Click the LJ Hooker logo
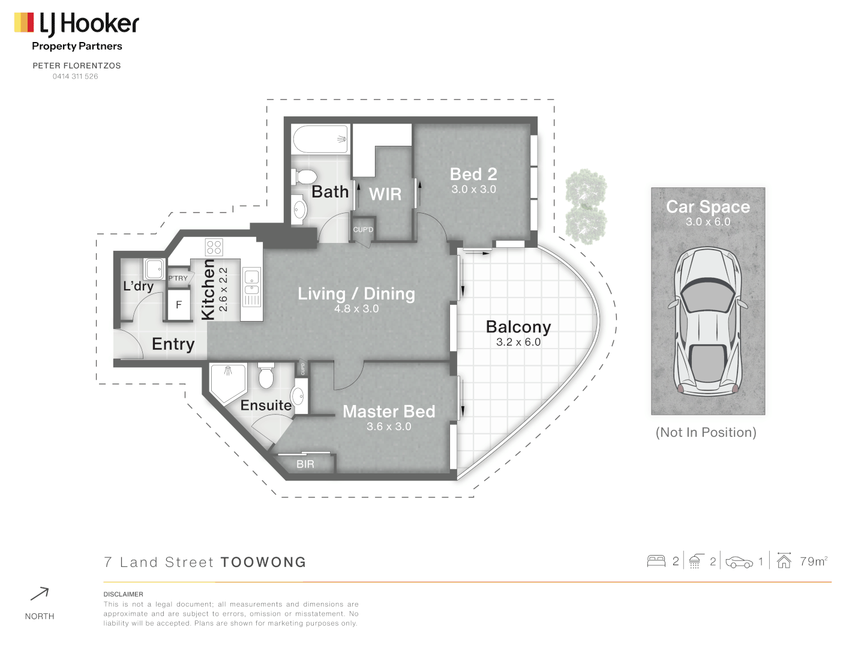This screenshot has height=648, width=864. [x=76, y=24]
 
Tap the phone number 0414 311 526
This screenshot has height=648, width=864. [x=75, y=77]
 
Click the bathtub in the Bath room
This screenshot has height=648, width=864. [x=320, y=139]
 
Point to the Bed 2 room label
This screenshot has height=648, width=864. [x=473, y=174]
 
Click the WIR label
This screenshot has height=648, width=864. [x=385, y=194]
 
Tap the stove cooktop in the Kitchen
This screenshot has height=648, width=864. [x=214, y=247]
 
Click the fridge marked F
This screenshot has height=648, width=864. [x=178, y=305]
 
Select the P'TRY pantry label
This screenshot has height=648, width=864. [x=178, y=278]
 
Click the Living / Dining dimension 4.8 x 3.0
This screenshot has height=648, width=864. [x=356, y=309]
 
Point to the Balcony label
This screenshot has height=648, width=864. [x=518, y=327]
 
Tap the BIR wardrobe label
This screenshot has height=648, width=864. [x=305, y=464]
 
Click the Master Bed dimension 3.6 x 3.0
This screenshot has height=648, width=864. [x=389, y=427]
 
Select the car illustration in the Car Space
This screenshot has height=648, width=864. [x=708, y=321]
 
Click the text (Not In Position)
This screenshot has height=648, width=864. [x=706, y=433]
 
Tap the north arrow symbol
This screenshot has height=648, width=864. [x=40, y=594]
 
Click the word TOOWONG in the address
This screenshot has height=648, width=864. [x=263, y=562]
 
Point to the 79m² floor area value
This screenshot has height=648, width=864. [x=814, y=562]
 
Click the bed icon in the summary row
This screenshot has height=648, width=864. [x=656, y=562]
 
